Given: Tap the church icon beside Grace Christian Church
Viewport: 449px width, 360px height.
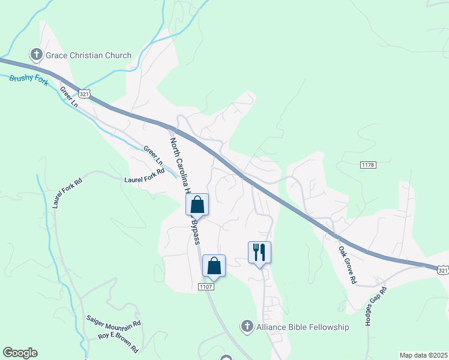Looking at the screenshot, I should (x=36, y=56).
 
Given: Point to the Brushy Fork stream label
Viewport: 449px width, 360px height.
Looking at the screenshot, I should (x=29, y=79).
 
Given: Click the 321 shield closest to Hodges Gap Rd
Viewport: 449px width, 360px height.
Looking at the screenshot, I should (x=442, y=271).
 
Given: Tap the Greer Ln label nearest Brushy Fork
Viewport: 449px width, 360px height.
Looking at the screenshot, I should (x=69, y=97).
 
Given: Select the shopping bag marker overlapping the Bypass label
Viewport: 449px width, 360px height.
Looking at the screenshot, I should (x=197, y=206).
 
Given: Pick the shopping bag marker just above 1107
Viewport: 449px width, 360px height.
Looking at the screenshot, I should (x=214, y=266).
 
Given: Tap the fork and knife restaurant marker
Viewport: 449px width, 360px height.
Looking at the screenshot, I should (x=259, y=253).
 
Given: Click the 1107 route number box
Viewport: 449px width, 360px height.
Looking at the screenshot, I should (x=206, y=287).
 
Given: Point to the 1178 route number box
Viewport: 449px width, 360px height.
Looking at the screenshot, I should (x=368, y=164).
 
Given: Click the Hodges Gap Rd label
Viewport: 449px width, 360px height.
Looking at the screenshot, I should (x=376, y=306).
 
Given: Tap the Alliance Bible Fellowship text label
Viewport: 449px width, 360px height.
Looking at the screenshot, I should (x=303, y=327).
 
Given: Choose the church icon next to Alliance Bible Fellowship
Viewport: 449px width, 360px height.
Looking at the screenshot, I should (x=246, y=327).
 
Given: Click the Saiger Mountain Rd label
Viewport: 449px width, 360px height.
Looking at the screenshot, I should (x=113, y=322).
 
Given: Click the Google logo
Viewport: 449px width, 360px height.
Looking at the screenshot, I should (x=20, y=353).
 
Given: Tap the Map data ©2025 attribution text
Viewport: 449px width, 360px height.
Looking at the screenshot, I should (x=423, y=355).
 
